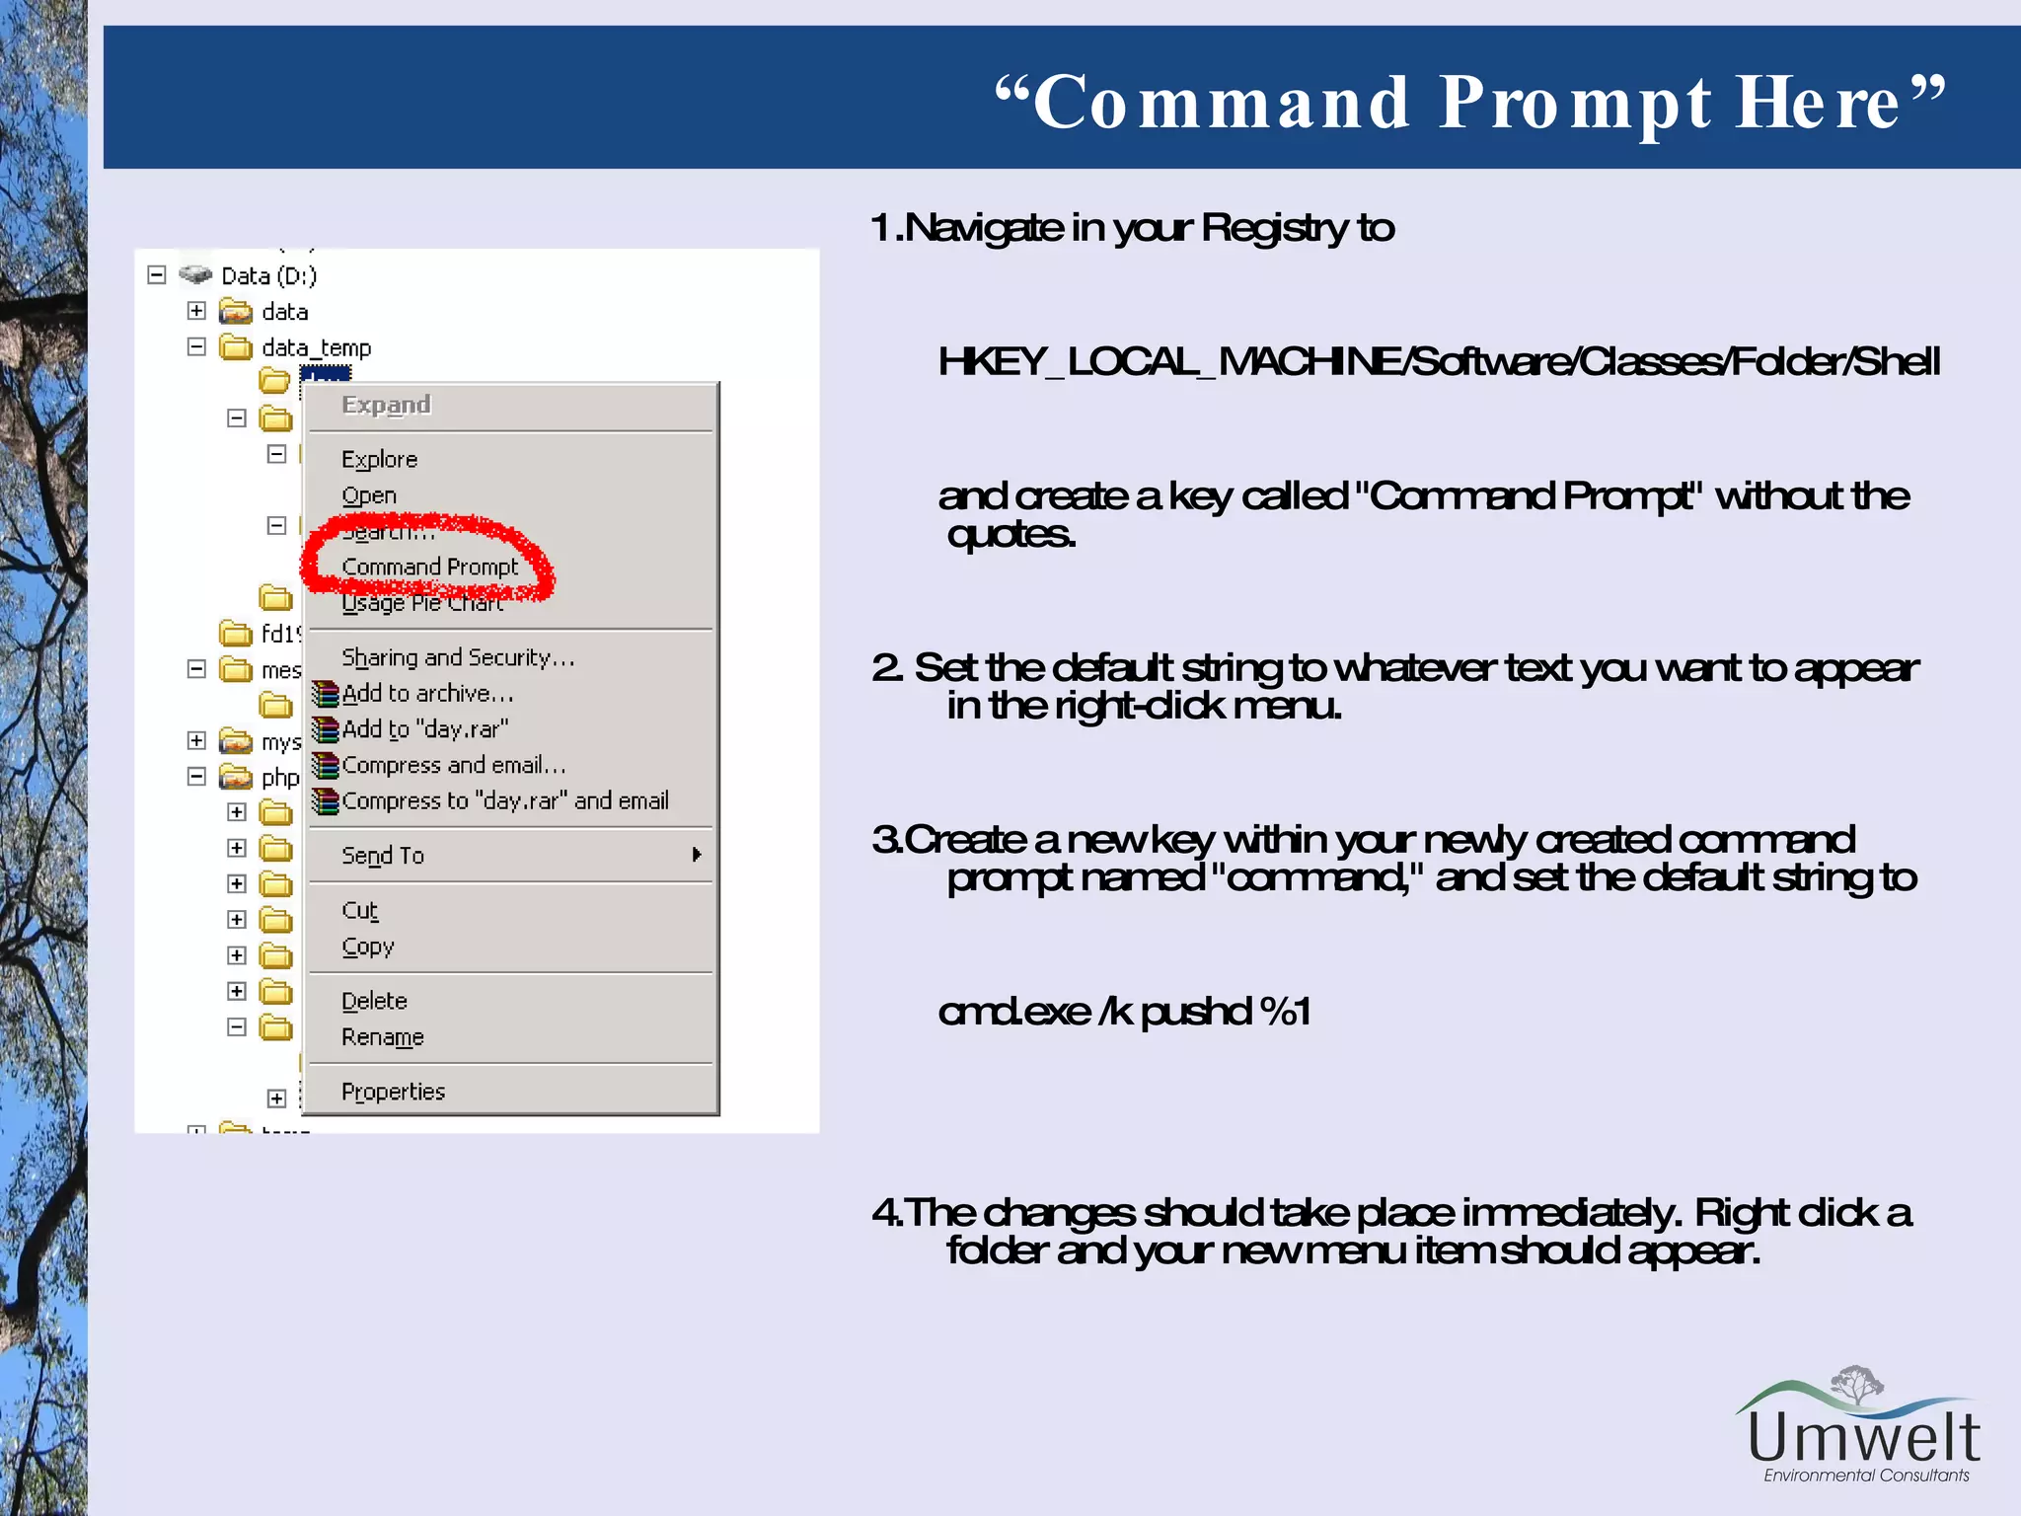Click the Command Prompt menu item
click(x=429, y=567)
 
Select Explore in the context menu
click(x=379, y=459)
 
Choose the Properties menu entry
click(x=393, y=1092)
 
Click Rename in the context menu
click(x=382, y=1037)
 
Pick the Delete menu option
click(x=374, y=1001)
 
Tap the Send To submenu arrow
click(x=697, y=855)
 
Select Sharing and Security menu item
click(x=457, y=657)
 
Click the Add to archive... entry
click(x=427, y=694)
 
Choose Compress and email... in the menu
click(x=453, y=765)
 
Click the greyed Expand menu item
click(x=386, y=405)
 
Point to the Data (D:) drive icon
click(x=196, y=274)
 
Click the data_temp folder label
click(x=316, y=347)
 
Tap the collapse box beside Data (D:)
click(x=157, y=274)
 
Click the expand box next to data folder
click(x=196, y=311)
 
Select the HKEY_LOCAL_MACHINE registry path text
click(x=1438, y=362)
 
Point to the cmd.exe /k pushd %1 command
click(x=1124, y=1012)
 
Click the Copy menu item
click(x=367, y=947)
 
